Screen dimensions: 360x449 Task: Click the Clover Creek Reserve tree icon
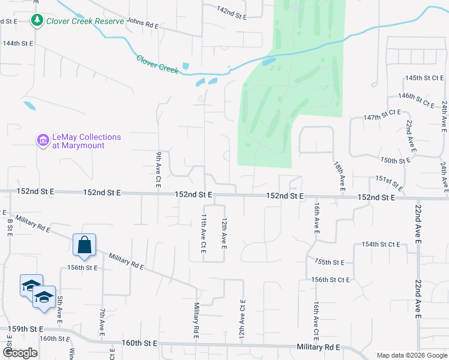pyautogui.click(x=37, y=21)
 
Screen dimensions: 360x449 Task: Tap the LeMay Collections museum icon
pyautogui.click(x=43, y=141)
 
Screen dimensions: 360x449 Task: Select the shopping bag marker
pyautogui.click(x=84, y=245)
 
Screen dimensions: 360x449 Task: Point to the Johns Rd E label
pyautogui.click(x=142, y=25)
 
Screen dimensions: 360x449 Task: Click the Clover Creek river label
pyautogui.click(x=157, y=64)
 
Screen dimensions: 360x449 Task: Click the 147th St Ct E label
pyautogui.click(x=382, y=115)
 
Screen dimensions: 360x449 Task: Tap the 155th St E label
pyautogui.click(x=329, y=262)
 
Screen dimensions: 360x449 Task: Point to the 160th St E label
pyautogui.click(x=139, y=343)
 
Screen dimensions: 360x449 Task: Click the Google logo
pyautogui.click(x=20, y=353)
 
